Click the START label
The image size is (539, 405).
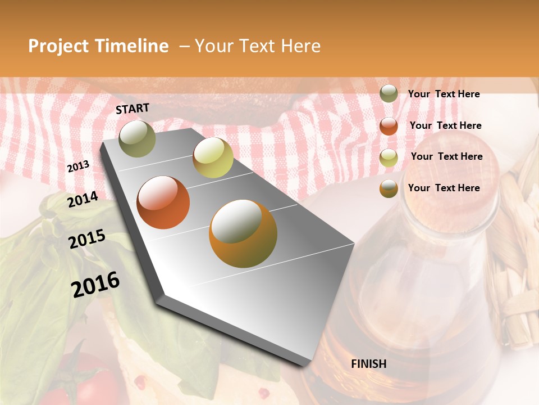[x=133, y=109]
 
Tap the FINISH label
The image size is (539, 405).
[x=368, y=364]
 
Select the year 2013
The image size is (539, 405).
[x=78, y=166]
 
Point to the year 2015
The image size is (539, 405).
[x=86, y=238]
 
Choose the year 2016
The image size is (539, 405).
[x=95, y=284]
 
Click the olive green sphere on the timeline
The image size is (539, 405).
[x=138, y=138]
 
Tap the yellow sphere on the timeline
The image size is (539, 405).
[x=213, y=157]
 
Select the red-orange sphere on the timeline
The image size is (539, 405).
[x=163, y=202]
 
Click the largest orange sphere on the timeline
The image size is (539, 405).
[x=243, y=233]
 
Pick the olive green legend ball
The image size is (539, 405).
[x=389, y=94]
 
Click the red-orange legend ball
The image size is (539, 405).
[x=389, y=126]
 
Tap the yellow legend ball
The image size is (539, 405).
[x=389, y=157]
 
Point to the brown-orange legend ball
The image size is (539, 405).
[x=389, y=188]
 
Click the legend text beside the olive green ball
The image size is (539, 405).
[x=444, y=94]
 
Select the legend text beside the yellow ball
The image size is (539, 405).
[x=446, y=156]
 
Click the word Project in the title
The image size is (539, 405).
[x=59, y=46]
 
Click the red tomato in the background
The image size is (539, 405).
[x=90, y=380]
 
